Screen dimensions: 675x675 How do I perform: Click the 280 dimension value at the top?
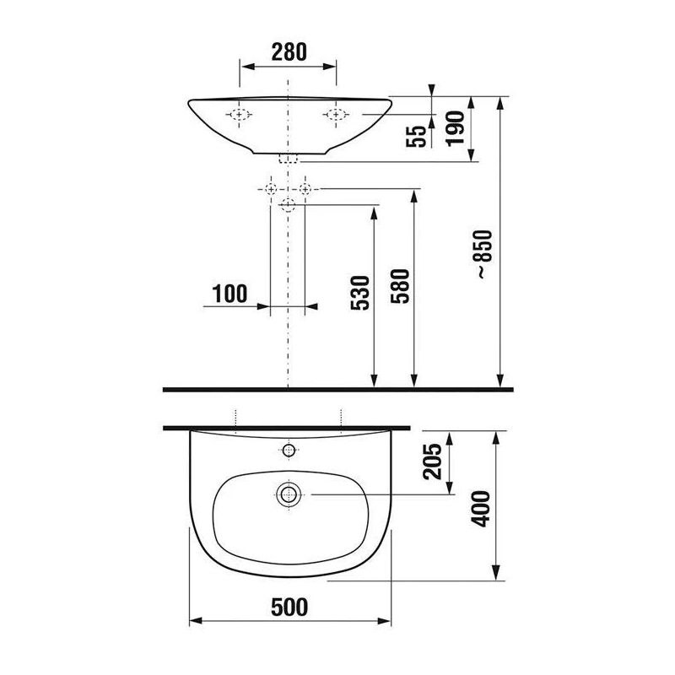point(288,51)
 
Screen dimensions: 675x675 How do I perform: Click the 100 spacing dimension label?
point(229,294)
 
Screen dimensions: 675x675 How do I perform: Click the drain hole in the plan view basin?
point(288,494)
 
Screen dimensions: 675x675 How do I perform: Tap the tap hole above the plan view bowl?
point(288,449)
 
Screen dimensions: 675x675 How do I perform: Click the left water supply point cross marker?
point(271,188)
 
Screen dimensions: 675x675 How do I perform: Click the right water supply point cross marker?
point(305,188)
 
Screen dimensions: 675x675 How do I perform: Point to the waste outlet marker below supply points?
point(288,204)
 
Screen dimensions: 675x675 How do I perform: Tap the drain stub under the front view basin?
point(288,159)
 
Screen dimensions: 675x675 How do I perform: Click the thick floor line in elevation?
point(337,389)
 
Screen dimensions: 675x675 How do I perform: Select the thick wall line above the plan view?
point(288,426)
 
